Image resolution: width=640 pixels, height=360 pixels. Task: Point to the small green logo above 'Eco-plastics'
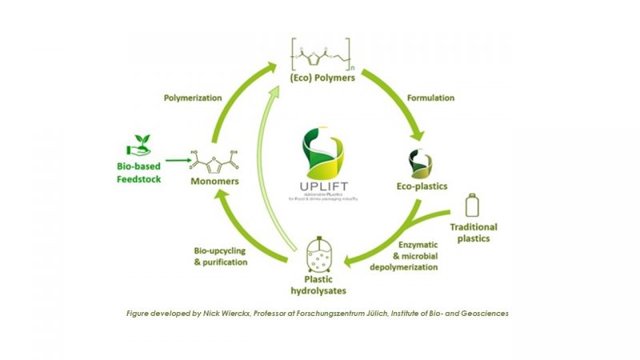(418, 161)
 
